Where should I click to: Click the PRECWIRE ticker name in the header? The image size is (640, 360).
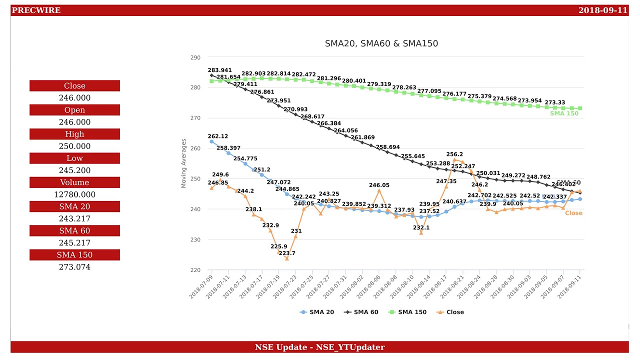[x=36, y=10]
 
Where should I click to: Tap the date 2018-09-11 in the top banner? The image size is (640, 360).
[x=602, y=10]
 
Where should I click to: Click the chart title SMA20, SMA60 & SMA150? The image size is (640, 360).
[x=381, y=43]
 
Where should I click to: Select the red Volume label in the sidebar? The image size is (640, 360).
[x=74, y=182]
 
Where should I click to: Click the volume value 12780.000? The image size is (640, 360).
[x=74, y=194]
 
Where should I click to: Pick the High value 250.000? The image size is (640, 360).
[x=74, y=146]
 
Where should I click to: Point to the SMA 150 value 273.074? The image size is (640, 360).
[x=74, y=267]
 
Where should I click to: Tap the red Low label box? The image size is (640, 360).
[x=74, y=158]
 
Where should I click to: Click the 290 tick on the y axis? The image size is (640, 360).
[x=195, y=57]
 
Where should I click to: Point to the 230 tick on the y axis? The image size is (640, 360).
[x=195, y=240]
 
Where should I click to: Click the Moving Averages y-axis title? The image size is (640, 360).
[x=183, y=163]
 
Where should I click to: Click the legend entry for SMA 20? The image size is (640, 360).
[x=317, y=312]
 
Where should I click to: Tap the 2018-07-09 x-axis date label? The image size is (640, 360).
[x=201, y=286]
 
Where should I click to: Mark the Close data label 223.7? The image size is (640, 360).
[x=287, y=253]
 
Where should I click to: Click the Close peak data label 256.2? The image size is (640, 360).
[x=455, y=154]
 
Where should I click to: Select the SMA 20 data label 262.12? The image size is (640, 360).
[x=218, y=136]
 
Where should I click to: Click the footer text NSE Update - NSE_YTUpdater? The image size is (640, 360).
[x=319, y=347]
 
